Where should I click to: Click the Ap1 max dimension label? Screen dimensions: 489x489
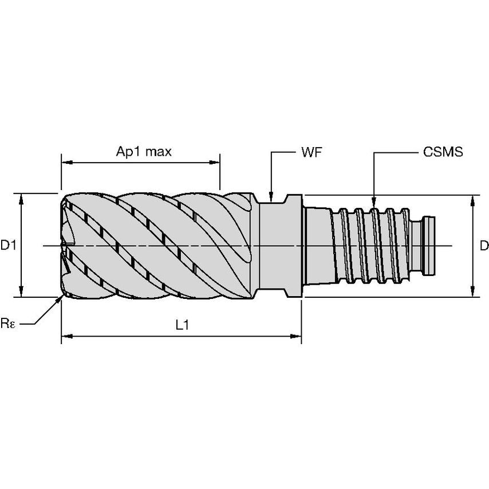pos(144,152)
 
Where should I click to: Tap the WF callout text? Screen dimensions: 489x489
pos(310,152)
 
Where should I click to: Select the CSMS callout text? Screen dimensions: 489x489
pos(443,152)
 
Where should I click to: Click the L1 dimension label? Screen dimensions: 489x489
pos(182,325)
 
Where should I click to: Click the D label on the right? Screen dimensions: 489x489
pos(484,246)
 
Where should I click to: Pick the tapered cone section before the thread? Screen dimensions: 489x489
pos(318,246)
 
